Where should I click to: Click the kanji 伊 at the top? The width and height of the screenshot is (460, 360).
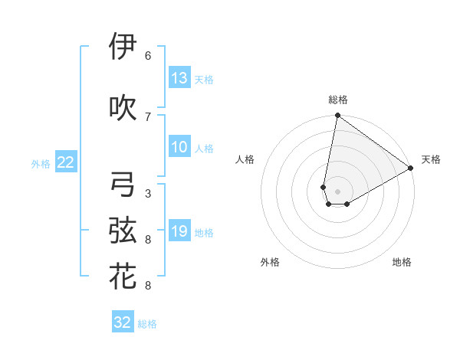[123, 47]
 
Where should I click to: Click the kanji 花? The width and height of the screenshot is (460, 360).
[123, 277]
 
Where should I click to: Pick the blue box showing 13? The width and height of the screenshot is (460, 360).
[179, 78]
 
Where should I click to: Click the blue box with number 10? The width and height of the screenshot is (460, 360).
[179, 147]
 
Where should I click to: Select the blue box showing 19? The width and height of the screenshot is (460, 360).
[179, 231]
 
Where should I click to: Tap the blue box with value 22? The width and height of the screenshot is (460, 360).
[66, 162]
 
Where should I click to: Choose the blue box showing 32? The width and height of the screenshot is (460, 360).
[123, 322]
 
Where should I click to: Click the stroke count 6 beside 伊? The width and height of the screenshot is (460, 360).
[148, 56]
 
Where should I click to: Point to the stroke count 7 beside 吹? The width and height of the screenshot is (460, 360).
[148, 116]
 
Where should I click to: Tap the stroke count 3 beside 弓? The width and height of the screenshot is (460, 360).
[148, 193]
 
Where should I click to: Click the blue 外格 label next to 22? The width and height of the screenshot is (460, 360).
[41, 163]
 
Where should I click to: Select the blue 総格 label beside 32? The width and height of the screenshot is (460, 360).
[147, 324]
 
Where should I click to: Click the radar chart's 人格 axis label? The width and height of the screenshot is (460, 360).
[245, 159]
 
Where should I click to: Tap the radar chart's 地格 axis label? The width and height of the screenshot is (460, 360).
[402, 262]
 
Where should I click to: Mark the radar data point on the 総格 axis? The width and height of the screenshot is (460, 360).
[337, 116]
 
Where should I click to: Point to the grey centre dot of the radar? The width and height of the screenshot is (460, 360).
[337, 190]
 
